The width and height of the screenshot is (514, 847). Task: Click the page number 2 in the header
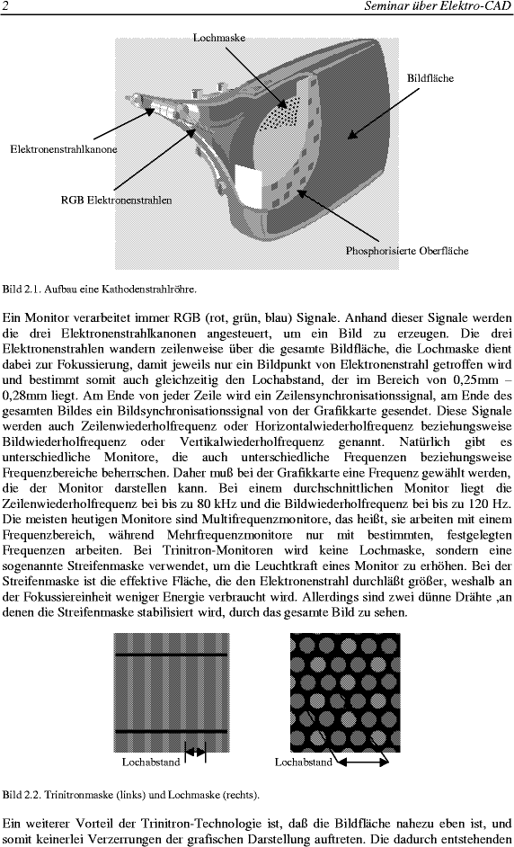click(5, 6)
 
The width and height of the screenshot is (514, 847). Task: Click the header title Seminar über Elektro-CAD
click(438, 6)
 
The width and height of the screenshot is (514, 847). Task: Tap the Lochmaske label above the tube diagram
click(219, 37)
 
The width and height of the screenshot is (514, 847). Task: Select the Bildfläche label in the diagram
click(430, 78)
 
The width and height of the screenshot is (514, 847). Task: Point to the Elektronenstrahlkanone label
click(63, 149)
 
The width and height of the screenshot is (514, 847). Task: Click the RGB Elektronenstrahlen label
click(116, 200)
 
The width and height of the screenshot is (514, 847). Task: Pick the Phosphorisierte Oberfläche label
click(407, 251)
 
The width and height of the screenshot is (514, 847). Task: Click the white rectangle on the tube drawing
click(248, 186)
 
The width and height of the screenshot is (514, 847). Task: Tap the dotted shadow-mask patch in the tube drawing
click(280, 113)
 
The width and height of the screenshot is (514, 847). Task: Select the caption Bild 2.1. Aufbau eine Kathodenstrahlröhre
click(100, 289)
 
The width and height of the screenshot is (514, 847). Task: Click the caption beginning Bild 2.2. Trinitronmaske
click(130, 795)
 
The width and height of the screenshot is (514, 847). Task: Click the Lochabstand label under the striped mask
click(151, 762)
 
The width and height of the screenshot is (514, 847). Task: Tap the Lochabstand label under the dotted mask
click(304, 762)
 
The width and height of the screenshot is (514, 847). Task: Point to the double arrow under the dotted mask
click(362, 762)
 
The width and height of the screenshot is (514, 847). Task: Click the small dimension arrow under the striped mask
click(196, 752)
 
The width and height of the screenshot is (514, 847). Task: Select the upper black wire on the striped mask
click(171, 655)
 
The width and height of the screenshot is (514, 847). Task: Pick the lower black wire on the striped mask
click(171, 731)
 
